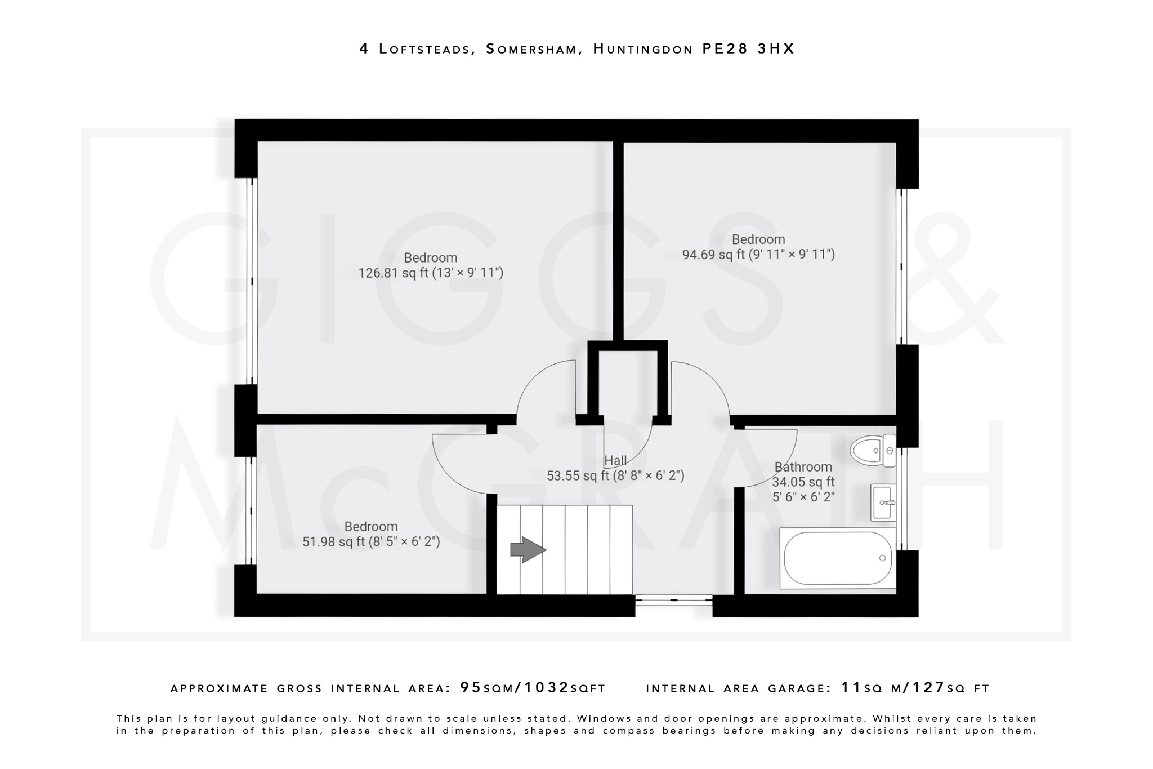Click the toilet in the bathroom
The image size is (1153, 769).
tap(873, 450)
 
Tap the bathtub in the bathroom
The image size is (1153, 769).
tap(838, 558)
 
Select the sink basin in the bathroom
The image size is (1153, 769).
tap(883, 502)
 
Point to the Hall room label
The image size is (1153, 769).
tap(615, 461)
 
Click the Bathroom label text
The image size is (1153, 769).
tap(803, 467)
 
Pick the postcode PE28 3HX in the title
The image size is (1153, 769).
tap(748, 49)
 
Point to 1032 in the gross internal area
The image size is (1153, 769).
tap(547, 687)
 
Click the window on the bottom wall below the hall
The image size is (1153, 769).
tap(674, 601)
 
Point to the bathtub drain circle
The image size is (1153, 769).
tap(882, 558)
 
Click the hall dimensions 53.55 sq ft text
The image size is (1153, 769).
tap(615, 476)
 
